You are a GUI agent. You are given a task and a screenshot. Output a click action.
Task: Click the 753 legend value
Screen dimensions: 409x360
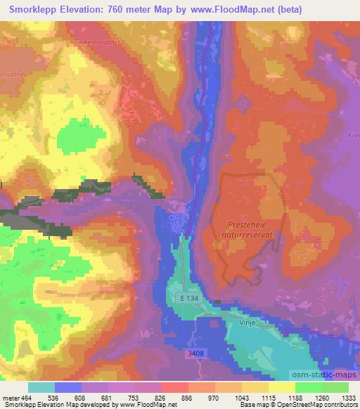133,397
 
